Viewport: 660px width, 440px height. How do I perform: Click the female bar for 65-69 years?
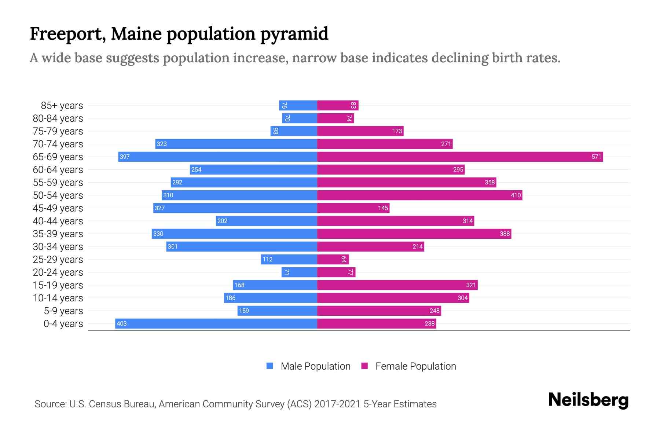[460, 157]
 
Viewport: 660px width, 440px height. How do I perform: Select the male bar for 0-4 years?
[216, 324]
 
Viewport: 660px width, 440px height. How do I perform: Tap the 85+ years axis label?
[62, 106]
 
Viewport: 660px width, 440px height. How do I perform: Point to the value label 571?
[596, 157]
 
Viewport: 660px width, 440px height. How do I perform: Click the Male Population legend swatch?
[270, 366]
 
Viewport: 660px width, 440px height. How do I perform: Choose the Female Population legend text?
[415, 366]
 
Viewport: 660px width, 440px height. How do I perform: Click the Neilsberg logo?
[588, 400]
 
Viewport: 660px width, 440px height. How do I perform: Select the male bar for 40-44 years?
[266, 221]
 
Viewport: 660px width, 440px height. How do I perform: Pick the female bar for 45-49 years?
[353, 208]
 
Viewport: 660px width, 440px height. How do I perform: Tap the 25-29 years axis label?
[58, 260]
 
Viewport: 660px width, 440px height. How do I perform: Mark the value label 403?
[121, 324]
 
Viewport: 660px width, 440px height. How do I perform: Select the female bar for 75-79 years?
[360, 131]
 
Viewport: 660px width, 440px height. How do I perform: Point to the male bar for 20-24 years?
[299, 272]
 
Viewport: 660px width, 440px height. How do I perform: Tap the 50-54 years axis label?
[58, 195]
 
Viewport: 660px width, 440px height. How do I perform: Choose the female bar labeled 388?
[414, 234]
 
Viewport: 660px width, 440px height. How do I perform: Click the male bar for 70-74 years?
[236, 144]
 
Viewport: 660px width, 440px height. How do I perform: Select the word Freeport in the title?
[68, 34]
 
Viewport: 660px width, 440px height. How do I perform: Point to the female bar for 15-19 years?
[397, 285]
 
